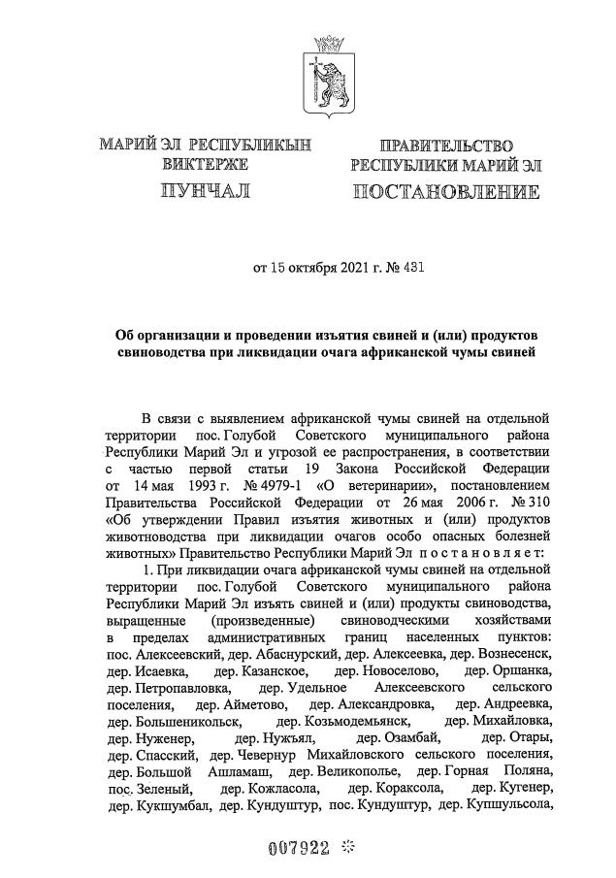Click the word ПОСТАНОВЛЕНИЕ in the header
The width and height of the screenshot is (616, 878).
[x=446, y=190]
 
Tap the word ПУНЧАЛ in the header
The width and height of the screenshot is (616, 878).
[x=206, y=190]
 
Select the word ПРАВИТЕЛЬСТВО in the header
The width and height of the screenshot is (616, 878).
[x=446, y=146]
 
